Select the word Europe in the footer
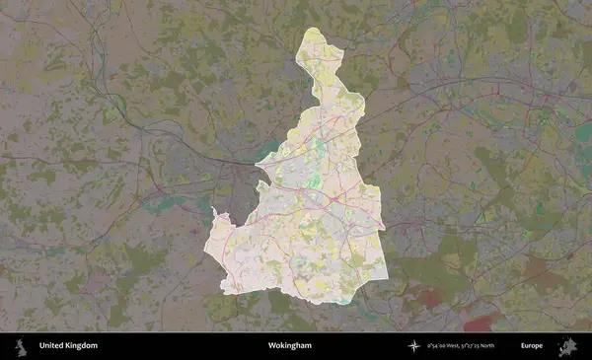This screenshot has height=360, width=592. (532, 346)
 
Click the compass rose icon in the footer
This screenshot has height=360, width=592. (414, 346)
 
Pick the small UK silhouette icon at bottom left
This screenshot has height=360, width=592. (19, 346)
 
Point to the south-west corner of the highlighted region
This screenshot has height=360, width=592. (226, 291)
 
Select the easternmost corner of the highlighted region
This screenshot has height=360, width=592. (382, 227)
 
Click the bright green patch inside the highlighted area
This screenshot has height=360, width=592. (318, 150)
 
